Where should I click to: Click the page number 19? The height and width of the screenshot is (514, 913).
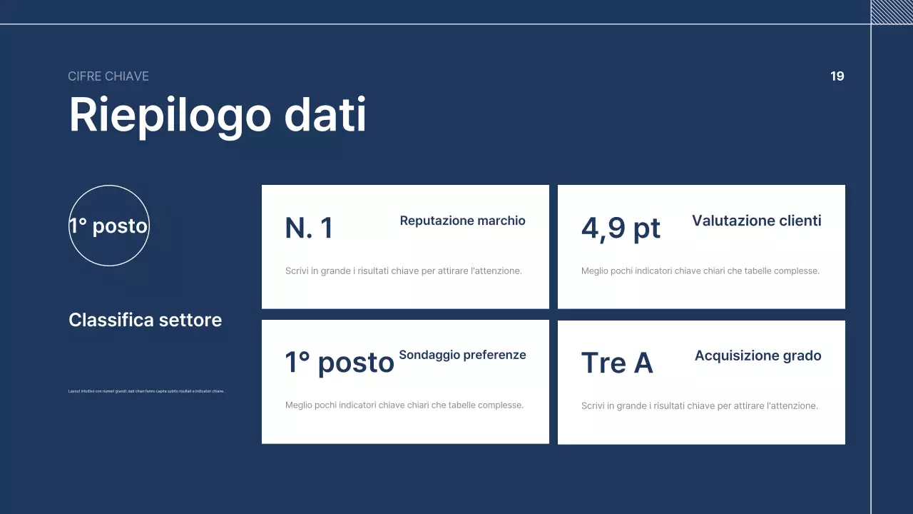coord(837,76)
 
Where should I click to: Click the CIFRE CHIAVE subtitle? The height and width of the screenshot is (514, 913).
coord(108,76)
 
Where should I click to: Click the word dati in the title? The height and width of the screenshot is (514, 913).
coord(325,115)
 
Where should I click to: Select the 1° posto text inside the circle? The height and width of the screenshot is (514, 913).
coord(108,226)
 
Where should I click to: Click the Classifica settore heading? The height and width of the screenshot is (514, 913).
coord(145,320)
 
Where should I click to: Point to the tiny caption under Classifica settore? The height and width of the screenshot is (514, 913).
coord(146,391)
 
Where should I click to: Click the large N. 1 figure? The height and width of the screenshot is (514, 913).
coord(309,228)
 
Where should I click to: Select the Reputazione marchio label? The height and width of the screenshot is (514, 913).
coord(462,221)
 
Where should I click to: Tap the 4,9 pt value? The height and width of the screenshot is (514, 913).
coord(621,228)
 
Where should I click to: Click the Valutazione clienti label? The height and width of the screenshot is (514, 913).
coord(756,221)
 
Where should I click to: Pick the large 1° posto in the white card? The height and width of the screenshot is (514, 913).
coord(340,362)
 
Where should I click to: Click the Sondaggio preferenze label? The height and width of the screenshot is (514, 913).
coord(462,355)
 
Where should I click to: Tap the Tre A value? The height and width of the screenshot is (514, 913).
coord(617,363)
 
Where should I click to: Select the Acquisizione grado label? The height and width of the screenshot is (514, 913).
coord(758,356)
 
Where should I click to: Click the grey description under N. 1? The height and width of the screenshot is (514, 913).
coord(404,271)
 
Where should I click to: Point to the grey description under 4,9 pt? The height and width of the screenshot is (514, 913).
coord(700,271)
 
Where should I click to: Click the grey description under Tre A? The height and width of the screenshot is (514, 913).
coord(699,405)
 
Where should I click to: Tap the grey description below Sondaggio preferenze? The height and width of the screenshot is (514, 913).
coord(404,405)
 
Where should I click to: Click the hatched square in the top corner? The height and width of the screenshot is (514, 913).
coord(892,11)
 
